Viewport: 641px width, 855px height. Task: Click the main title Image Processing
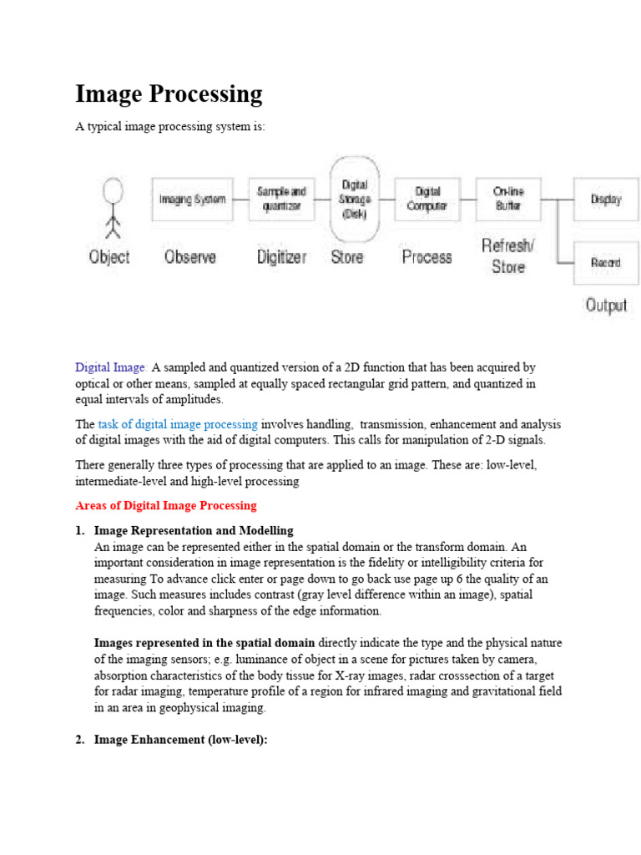coord(169,94)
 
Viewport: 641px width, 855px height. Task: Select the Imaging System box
coord(193,199)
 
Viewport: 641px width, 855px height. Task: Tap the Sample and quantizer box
coord(281,199)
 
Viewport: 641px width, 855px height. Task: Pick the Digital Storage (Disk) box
coord(355,198)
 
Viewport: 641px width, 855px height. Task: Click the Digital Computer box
coord(426,199)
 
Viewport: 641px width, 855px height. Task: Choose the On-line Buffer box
coord(508,199)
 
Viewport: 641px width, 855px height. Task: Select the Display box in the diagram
coord(605,200)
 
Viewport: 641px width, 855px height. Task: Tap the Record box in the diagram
coord(605,262)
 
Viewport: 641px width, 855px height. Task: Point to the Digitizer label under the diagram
coord(281,257)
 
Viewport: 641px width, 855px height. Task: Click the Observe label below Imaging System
coord(189,257)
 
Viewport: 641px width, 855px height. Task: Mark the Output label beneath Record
coord(606,305)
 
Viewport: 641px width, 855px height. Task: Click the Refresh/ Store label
coord(508,256)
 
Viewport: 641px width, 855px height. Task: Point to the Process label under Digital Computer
coord(426,257)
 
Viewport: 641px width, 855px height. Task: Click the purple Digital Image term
coord(111,367)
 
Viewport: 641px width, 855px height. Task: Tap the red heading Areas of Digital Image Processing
coord(166,506)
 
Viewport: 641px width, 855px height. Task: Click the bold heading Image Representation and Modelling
coord(194,531)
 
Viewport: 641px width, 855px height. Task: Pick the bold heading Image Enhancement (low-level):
coord(180,740)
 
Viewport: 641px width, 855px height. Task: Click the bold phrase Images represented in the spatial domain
coord(204,643)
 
